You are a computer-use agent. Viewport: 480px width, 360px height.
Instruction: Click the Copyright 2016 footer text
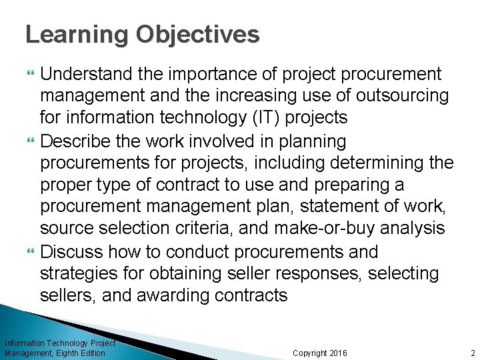tap(320, 353)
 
